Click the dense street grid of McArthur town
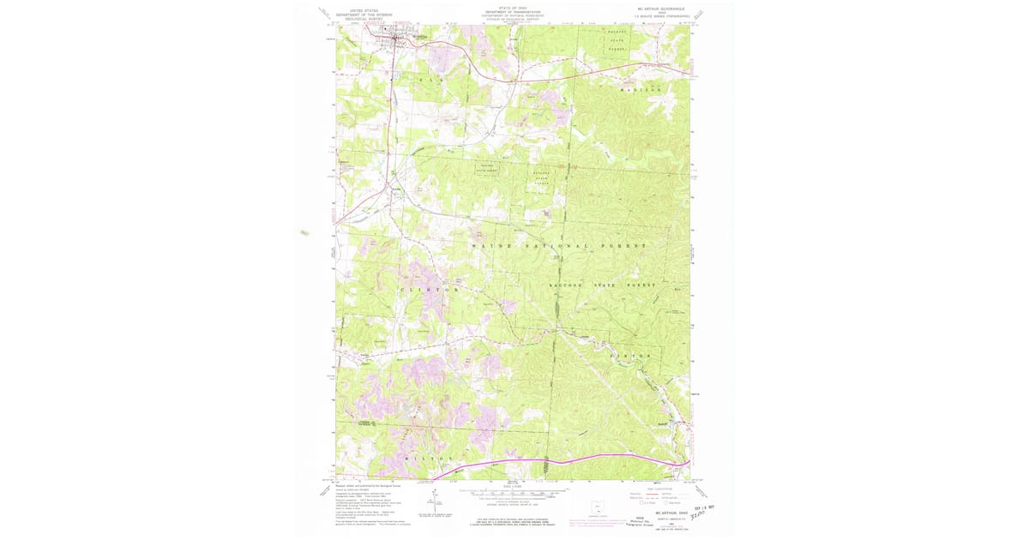click(396, 36)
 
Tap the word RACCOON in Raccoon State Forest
click(566, 285)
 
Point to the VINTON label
click(631, 355)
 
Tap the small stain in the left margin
click(304, 231)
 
